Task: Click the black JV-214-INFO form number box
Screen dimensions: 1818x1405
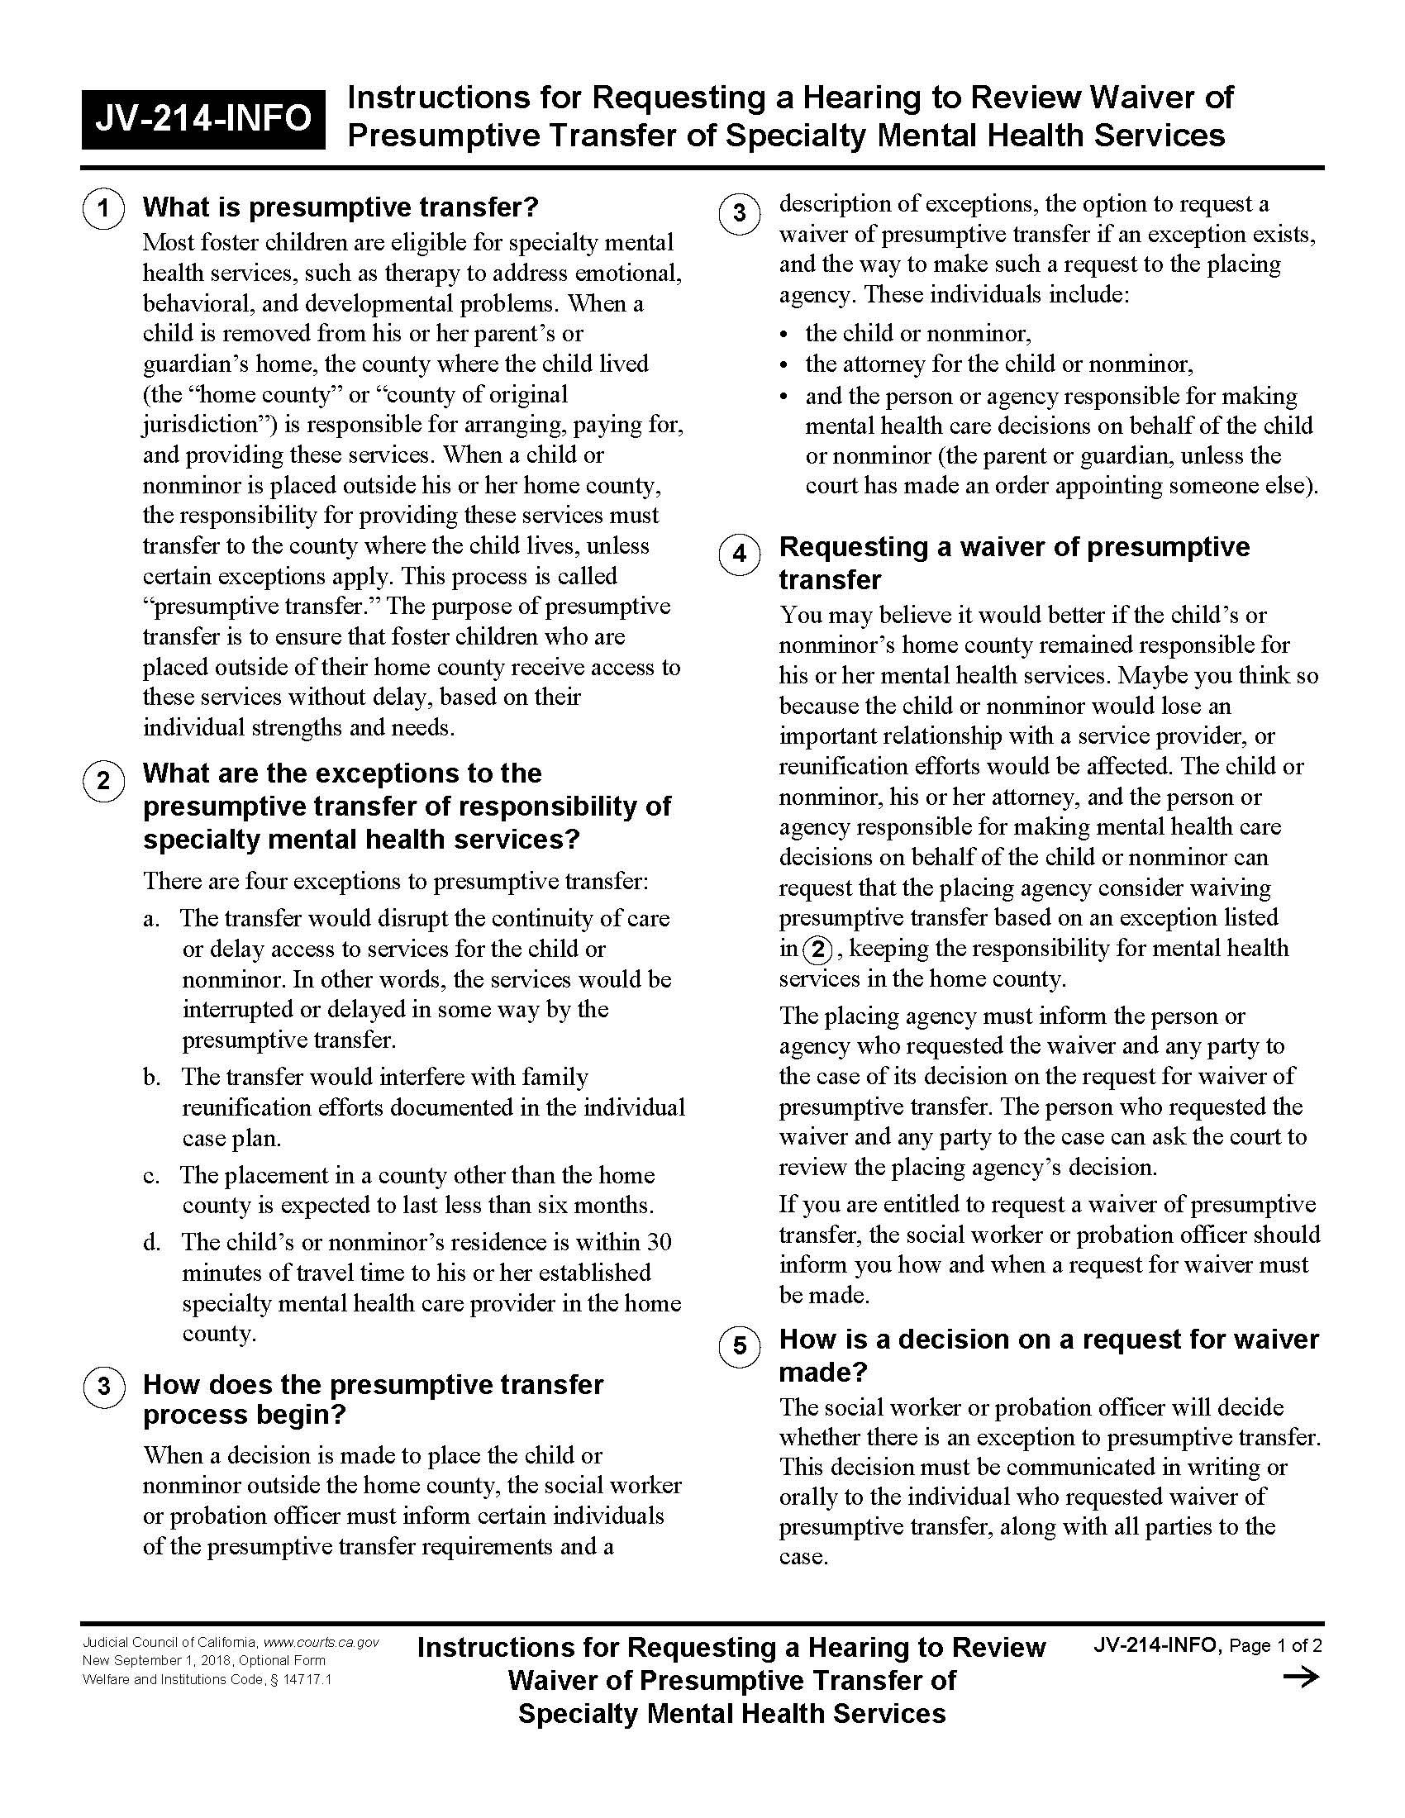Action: point(203,118)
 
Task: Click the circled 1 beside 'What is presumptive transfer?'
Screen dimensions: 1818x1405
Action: point(103,208)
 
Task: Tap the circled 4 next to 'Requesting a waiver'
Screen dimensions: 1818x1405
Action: point(739,554)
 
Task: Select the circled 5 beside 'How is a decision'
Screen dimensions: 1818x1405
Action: point(739,1346)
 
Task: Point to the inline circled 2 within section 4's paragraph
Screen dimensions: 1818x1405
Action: point(817,949)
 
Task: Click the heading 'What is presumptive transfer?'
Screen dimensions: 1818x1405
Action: point(341,207)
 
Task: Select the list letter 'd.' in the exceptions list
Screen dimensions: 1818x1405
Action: point(151,1243)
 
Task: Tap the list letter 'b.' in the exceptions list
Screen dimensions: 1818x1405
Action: point(151,1078)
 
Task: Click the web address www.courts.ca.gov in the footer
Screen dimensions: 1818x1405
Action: point(321,1642)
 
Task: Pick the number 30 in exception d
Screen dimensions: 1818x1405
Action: point(659,1242)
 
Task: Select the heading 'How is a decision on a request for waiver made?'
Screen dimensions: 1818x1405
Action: point(1049,1354)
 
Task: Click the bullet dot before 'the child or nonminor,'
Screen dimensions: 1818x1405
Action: point(783,335)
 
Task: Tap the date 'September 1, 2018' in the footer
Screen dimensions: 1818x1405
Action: point(171,1661)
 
